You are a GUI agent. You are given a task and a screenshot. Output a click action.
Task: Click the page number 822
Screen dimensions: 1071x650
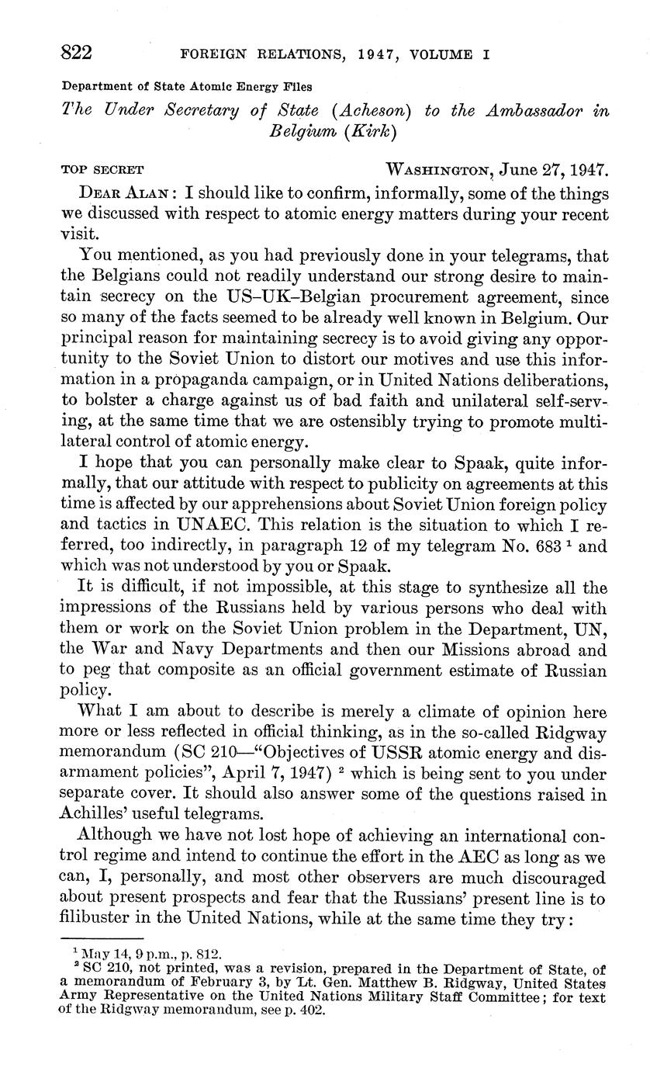pyautogui.click(x=78, y=53)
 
